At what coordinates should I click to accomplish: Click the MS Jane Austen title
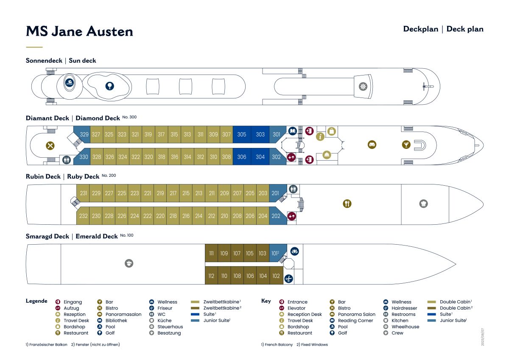tap(79, 31)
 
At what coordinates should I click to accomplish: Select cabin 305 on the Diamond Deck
tap(242, 134)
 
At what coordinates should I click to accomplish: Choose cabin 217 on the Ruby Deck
tap(173, 193)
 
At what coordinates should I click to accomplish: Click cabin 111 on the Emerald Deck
tap(211, 253)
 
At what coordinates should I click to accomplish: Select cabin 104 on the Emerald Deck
tap(263, 276)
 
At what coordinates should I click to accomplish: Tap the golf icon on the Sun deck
tap(110, 86)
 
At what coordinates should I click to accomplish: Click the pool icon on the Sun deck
tap(69, 82)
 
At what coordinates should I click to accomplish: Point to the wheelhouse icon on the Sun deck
tap(363, 87)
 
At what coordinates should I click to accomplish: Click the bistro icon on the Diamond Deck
tap(50, 145)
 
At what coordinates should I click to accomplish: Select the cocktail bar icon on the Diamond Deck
tap(406, 145)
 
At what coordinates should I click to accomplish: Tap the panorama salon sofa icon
tap(372, 145)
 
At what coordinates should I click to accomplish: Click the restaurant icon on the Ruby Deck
tap(347, 204)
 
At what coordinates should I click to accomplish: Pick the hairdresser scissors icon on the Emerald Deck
tap(288, 279)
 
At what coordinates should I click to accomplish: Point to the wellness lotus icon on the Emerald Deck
tap(294, 251)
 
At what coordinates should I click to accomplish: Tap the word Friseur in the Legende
tap(165, 308)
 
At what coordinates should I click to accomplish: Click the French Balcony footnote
tap(277, 345)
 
